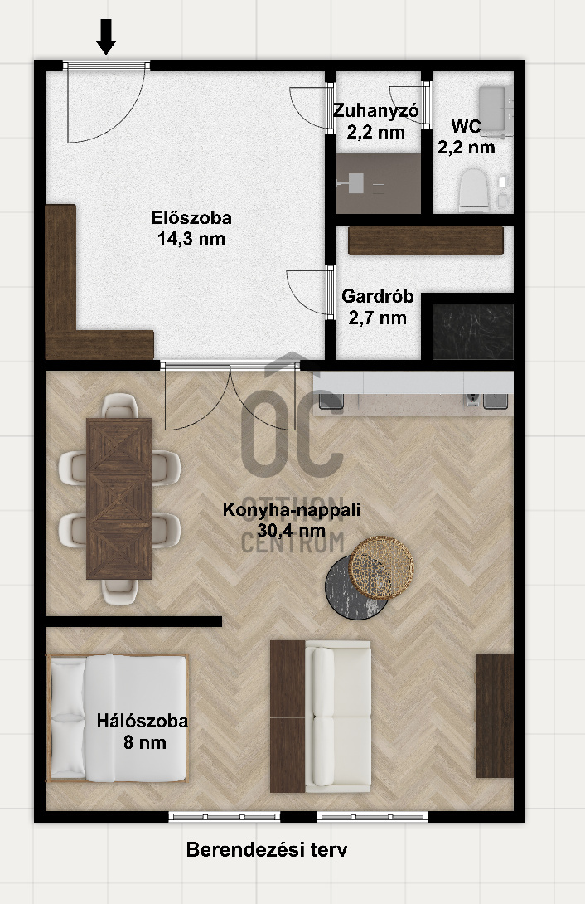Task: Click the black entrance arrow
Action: tap(105, 36)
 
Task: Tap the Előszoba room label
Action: tap(191, 228)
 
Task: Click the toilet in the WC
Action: tap(474, 189)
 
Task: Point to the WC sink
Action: tap(495, 109)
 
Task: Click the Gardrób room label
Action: tap(378, 307)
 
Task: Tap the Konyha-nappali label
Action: tap(292, 519)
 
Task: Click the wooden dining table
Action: tap(119, 498)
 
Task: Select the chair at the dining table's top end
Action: tap(120, 406)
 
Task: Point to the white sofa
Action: tap(338, 716)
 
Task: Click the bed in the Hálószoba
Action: tap(118, 718)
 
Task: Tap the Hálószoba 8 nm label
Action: tap(143, 731)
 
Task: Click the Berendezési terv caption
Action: tap(267, 849)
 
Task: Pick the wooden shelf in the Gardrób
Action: tap(426, 241)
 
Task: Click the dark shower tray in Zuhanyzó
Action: tap(379, 183)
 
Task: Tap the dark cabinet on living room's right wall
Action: tap(494, 715)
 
